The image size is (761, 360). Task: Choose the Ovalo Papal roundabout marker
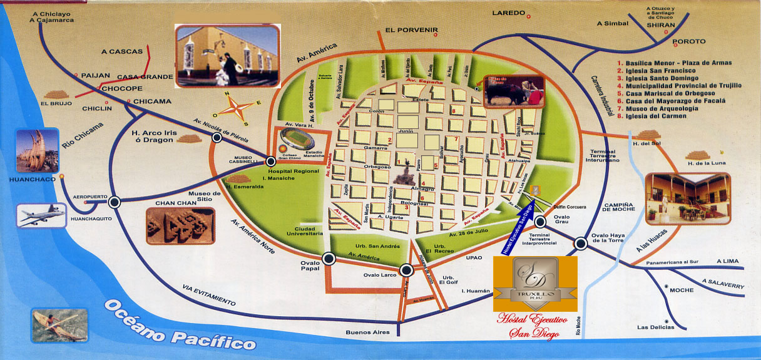(329, 258)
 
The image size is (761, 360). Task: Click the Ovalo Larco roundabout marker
(406, 270)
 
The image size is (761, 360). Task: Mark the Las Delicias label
(656, 327)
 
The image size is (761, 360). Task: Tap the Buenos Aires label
(368, 332)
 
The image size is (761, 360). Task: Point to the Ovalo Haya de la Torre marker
(581, 243)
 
